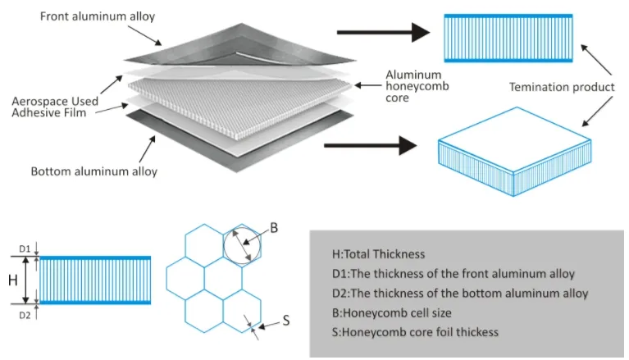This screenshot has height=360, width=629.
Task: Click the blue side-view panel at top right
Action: (x=508, y=38)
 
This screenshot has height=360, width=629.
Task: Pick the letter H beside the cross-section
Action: (x=13, y=280)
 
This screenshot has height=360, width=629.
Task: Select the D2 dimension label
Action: (x=25, y=313)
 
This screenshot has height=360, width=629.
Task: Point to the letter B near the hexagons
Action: (x=274, y=229)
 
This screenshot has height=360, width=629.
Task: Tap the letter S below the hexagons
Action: (x=286, y=321)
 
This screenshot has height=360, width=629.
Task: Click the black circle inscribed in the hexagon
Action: (x=242, y=244)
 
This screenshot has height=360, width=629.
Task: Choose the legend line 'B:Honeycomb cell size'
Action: (x=396, y=312)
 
